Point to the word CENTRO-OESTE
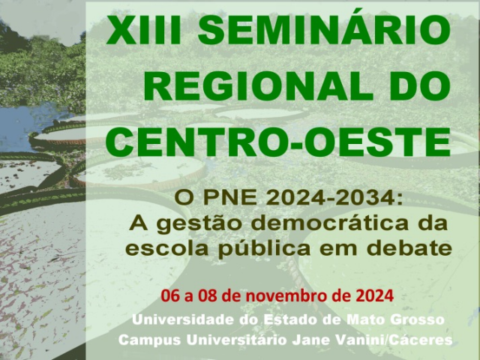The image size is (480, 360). click(278, 142)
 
